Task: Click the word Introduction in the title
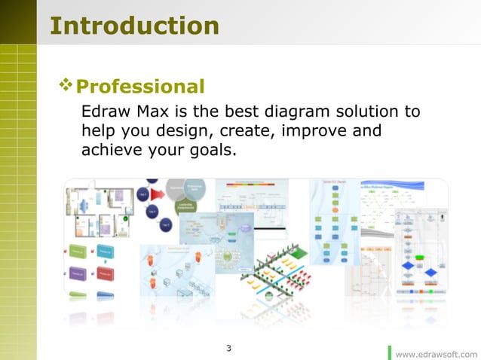tap(134, 26)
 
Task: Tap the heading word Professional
tap(140, 87)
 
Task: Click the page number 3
tap(229, 348)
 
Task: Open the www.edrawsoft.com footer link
tap(436, 353)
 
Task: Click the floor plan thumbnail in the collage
tap(100, 211)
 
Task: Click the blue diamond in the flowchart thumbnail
tap(408, 265)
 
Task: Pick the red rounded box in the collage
tap(105, 273)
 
